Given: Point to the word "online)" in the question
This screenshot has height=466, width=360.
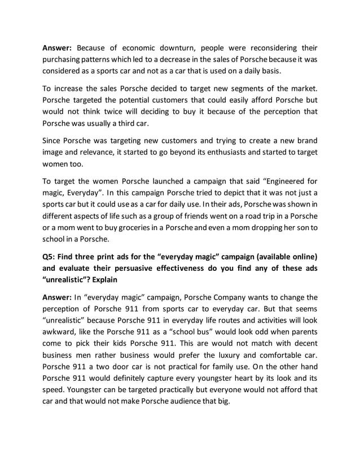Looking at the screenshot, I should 301,256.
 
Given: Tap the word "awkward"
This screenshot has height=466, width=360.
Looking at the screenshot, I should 62,335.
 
